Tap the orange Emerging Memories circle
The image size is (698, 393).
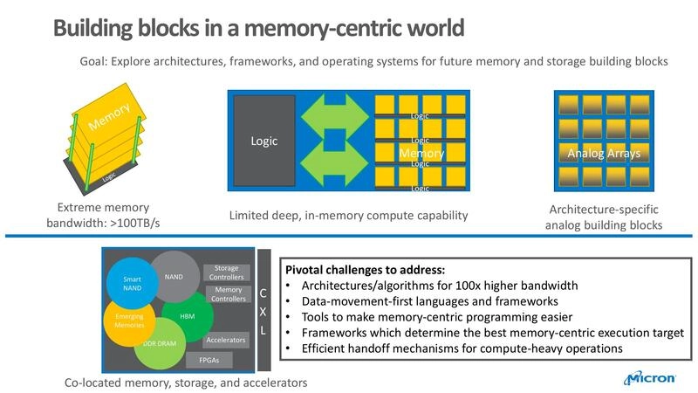tap(128, 319)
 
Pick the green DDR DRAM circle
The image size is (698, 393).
tap(157, 344)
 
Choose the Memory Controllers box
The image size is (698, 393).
tap(228, 295)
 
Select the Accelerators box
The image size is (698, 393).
tap(225, 339)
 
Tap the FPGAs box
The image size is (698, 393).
tap(210, 359)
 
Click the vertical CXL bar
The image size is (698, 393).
tap(263, 309)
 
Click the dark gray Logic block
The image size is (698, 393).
tap(263, 141)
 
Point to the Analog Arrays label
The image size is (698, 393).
tap(603, 154)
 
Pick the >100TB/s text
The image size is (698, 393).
tap(133, 224)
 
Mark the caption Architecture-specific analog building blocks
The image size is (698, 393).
tap(603, 217)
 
